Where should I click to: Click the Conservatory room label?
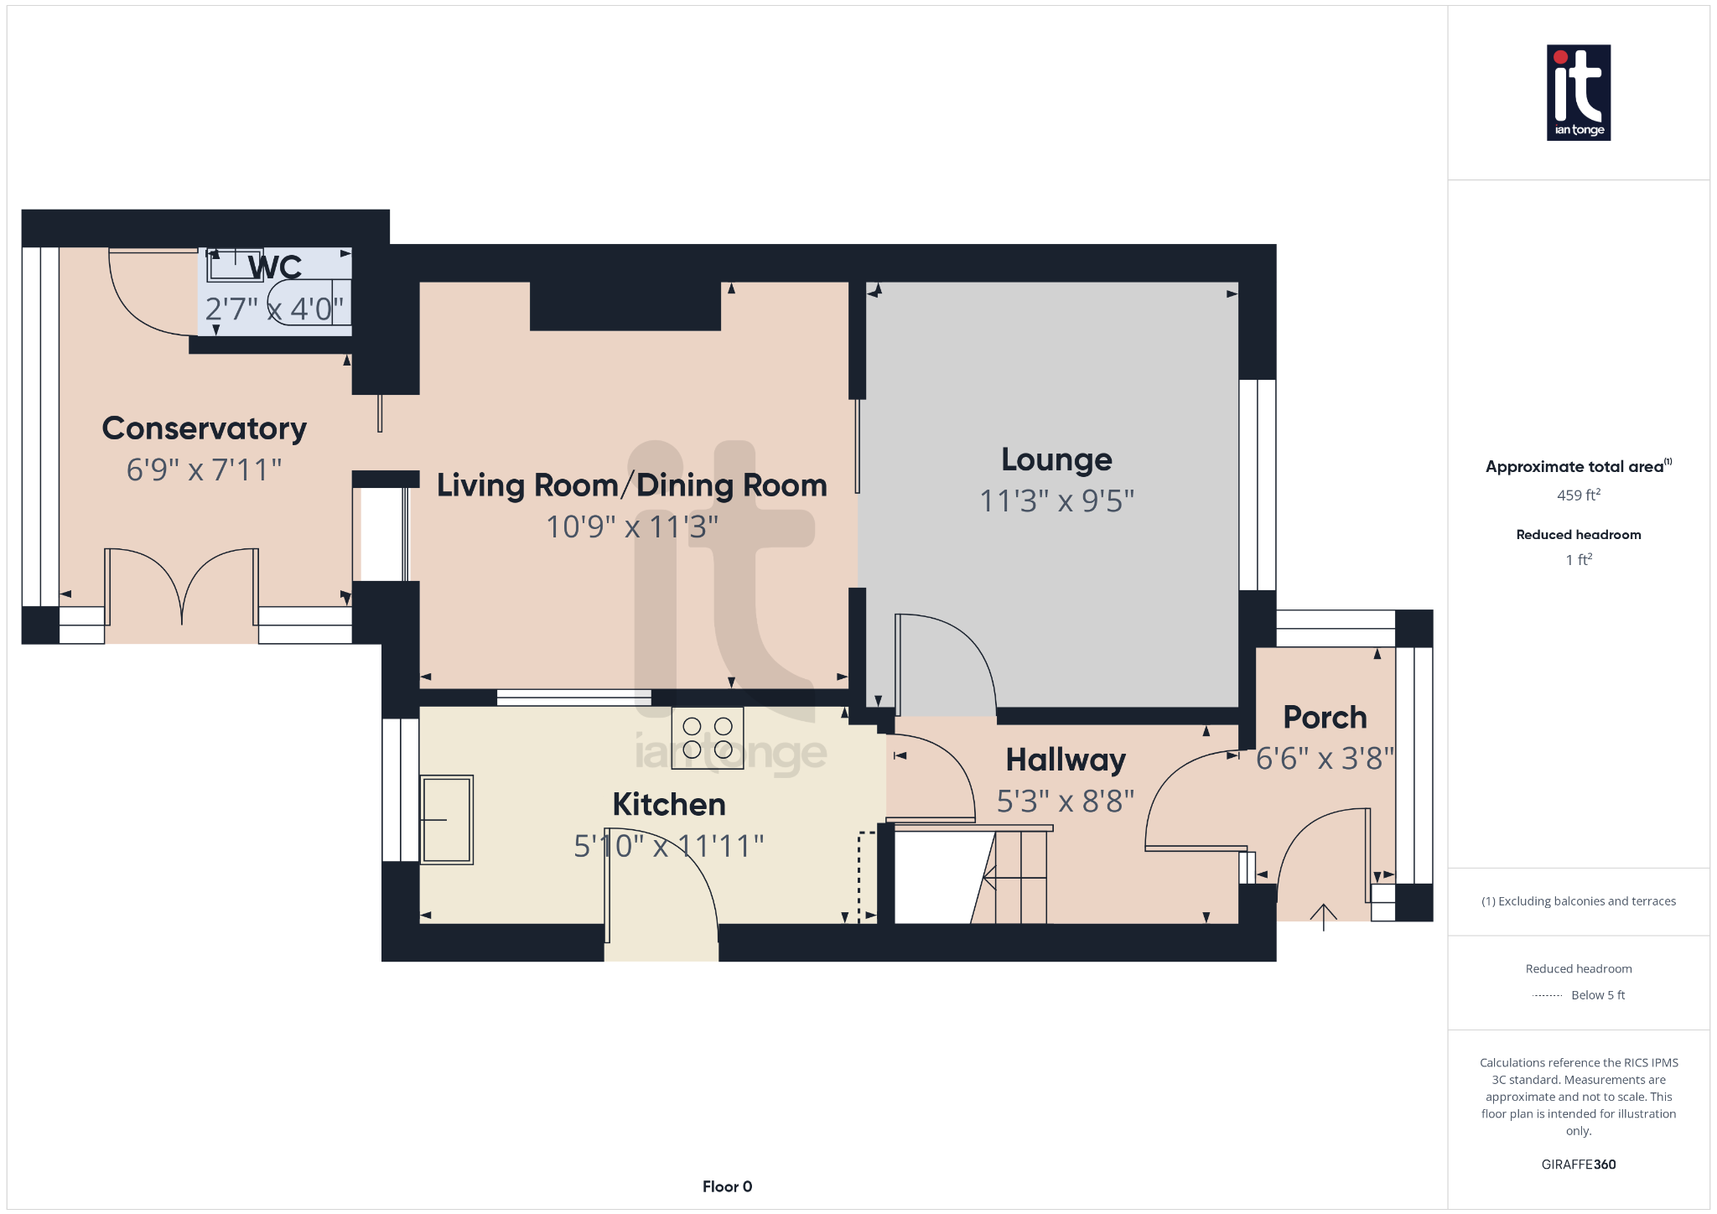point(204,428)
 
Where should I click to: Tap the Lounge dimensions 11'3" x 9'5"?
point(1056,501)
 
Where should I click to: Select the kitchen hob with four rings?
point(708,738)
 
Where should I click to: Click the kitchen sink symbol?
point(446,819)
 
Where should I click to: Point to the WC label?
point(275,267)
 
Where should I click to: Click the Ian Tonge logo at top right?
point(1578,92)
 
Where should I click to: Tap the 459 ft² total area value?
point(1578,495)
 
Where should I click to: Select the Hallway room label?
point(1066,760)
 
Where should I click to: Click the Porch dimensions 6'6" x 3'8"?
point(1325,759)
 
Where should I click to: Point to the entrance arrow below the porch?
point(1323,916)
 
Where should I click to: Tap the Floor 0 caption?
point(727,1186)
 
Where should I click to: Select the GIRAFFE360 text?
point(1578,1165)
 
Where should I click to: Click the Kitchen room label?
point(668,804)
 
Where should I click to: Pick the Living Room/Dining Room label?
point(631,485)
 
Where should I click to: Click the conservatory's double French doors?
point(182,587)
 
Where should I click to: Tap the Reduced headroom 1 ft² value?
point(1578,560)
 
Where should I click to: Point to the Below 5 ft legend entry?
point(1597,995)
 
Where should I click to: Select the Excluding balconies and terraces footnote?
point(1578,901)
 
